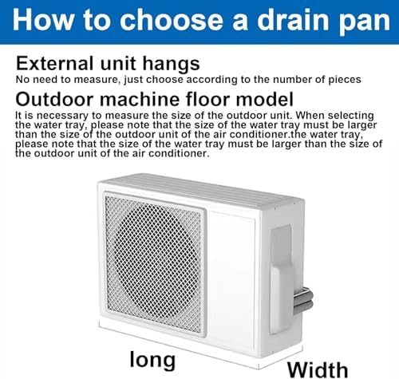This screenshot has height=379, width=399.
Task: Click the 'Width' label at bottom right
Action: coord(318,368)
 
